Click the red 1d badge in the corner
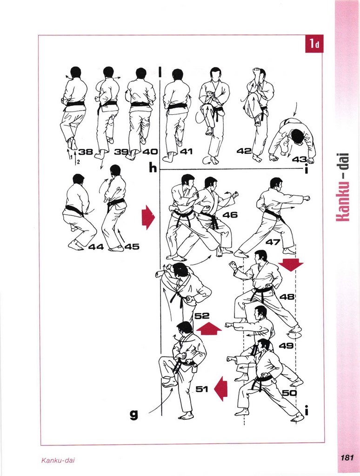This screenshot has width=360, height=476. [x=314, y=44]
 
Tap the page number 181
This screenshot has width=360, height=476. [x=347, y=457]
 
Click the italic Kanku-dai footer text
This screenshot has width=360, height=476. [x=58, y=460]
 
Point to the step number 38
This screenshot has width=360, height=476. [x=86, y=152]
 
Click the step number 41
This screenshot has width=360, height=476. [x=187, y=151]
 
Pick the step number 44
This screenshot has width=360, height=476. [x=96, y=247]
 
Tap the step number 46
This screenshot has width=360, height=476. [x=230, y=215]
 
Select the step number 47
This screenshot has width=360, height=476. [x=273, y=242]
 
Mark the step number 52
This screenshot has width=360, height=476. [x=202, y=316]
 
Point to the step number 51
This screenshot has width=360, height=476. [x=202, y=389]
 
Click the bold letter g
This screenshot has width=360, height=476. [x=133, y=414]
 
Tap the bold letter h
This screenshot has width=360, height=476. [x=153, y=167]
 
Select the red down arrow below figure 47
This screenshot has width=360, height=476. [x=291, y=265]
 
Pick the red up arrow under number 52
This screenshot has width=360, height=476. [x=209, y=329]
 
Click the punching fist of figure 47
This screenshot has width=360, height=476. [x=306, y=199]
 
